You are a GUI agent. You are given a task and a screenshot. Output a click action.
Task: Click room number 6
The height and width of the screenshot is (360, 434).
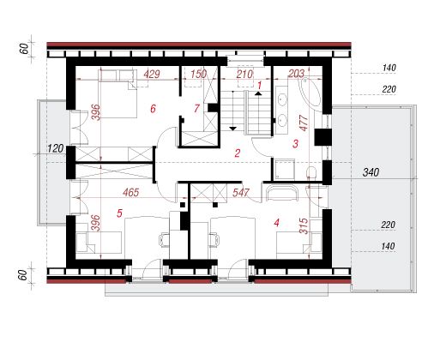(153, 109)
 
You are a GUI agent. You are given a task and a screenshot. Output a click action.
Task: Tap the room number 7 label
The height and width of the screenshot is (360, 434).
(196, 109)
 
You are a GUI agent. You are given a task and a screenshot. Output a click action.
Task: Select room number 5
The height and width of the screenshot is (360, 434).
(119, 213)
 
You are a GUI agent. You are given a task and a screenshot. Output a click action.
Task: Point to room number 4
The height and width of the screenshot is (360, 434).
(276, 223)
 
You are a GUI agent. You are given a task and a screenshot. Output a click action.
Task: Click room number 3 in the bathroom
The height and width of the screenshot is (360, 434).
(295, 143)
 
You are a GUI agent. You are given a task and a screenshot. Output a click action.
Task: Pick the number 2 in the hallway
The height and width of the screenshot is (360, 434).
(238, 153)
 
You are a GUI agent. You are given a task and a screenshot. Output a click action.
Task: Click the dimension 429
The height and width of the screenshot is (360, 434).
(152, 75)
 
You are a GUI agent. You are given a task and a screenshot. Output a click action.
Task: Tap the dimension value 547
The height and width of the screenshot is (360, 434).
(241, 193)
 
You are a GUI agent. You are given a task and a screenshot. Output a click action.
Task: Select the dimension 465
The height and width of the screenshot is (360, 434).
(131, 193)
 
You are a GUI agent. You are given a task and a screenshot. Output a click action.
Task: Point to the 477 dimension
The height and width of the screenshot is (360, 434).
(304, 123)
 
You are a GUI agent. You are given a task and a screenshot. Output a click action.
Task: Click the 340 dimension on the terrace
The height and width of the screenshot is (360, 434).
(371, 172)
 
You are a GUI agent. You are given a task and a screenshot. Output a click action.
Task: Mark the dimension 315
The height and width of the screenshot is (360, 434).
(304, 226)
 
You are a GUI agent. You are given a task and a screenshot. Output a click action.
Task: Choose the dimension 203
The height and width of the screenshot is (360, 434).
(296, 74)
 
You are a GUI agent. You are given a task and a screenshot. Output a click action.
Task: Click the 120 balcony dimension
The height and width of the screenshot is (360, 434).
(56, 148)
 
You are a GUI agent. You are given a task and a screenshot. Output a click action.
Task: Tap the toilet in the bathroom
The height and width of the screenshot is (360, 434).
(311, 173)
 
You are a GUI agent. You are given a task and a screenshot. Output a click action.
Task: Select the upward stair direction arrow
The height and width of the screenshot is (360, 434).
(258, 93)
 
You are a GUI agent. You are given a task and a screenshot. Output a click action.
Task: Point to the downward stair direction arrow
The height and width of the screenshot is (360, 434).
(233, 129)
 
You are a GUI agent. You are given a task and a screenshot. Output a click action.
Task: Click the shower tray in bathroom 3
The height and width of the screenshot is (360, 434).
(284, 170)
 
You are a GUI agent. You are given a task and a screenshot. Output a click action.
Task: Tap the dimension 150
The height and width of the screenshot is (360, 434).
(198, 75)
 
